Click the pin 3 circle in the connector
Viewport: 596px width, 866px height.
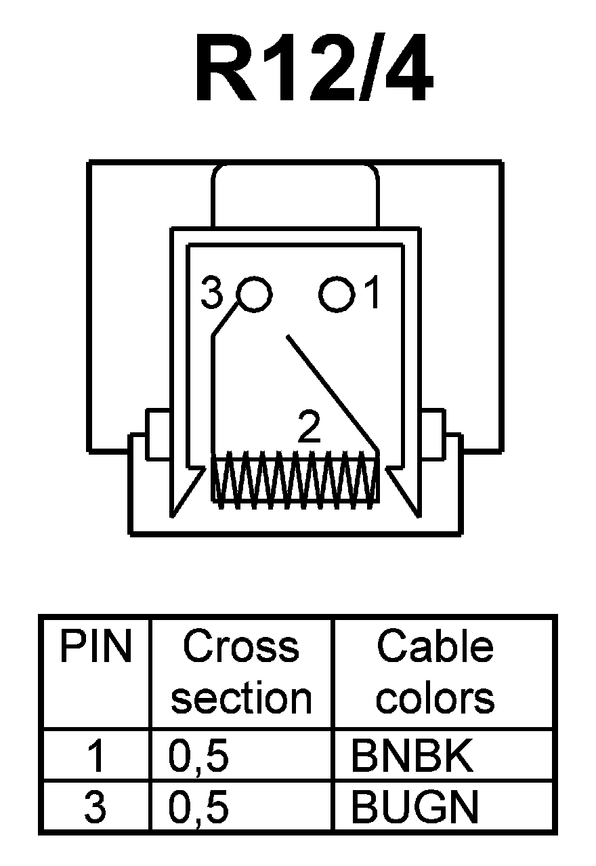click(255, 294)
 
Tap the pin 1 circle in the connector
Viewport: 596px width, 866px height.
click(337, 294)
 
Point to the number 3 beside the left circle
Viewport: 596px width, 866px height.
click(213, 295)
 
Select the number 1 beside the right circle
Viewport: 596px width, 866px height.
click(371, 294)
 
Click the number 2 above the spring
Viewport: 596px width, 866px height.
click(310, 428)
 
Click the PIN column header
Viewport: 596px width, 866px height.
click(95, 647)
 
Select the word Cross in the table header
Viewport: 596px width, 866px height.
click(240, 647)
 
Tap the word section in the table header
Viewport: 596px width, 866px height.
click(241, 698)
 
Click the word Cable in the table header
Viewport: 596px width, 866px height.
click(435, 647)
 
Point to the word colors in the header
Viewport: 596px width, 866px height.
click(435, 698)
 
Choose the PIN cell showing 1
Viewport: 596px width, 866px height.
click(95, 757)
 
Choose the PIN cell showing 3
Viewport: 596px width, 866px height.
click(95, 807)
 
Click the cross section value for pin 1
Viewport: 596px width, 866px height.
click(198, 757)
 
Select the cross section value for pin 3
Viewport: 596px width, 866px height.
click(198, 807)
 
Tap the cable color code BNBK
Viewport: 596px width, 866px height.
click(411, 757)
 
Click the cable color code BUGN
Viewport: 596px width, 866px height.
click(414, 807)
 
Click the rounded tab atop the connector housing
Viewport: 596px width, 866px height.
click(295, 197)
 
